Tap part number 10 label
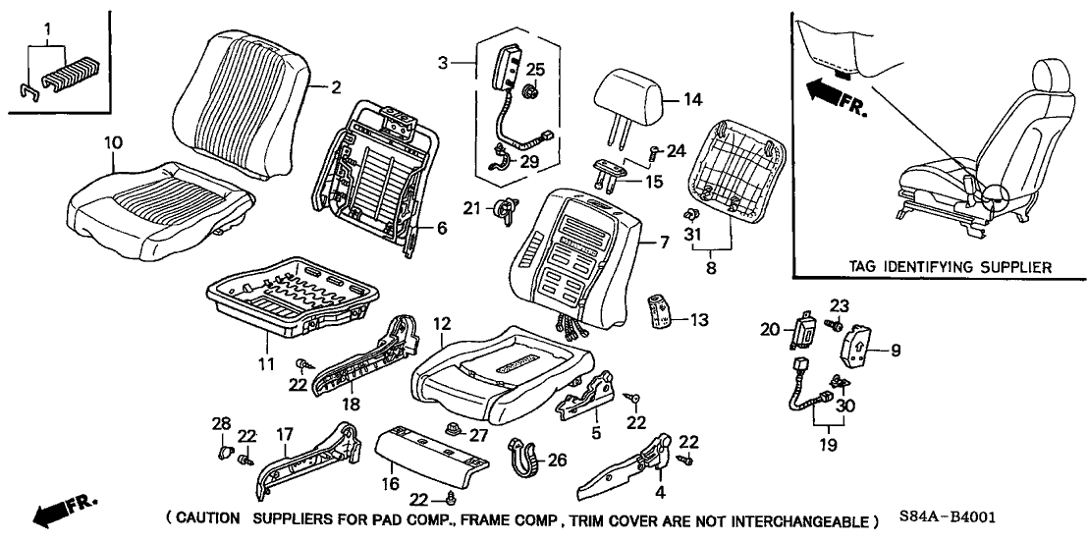114,143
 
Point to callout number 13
698,320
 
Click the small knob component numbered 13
665,311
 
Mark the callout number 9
895,349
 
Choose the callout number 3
444,63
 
